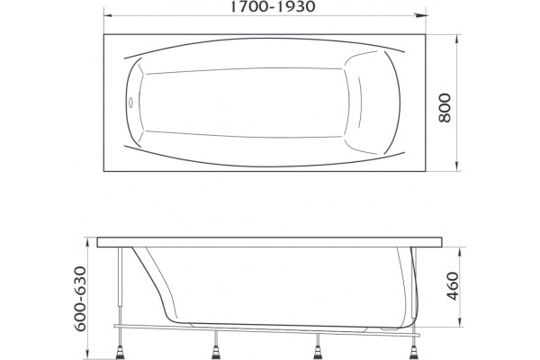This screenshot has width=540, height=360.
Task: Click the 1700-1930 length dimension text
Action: point(272,6)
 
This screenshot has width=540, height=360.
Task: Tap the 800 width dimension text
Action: point(445,107)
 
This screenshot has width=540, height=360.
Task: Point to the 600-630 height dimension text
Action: point(80,298)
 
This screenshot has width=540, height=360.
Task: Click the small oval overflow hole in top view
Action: point(130,103)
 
